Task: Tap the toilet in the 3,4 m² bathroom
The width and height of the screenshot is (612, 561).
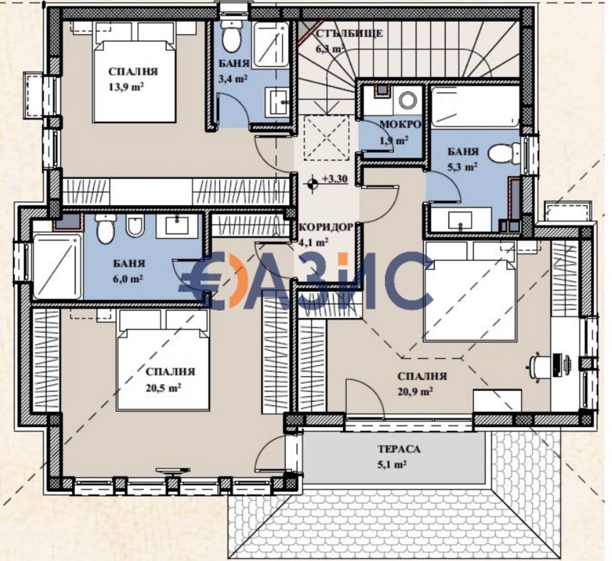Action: click(x=231, y=38)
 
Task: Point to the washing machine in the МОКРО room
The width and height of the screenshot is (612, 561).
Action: click(x=408, y=101)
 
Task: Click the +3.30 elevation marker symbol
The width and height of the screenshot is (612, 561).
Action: click(x=312, y=182)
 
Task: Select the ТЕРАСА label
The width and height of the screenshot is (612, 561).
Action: click(x=399, y=449)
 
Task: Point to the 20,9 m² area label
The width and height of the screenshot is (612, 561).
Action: click(x=415, y=392)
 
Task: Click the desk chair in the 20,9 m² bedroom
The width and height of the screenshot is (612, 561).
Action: click(x=539, y=366)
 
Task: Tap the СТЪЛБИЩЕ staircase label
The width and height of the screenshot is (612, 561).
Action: click(x=349, y=34)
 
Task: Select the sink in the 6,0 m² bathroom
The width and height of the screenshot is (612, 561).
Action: click(x=177, y=224)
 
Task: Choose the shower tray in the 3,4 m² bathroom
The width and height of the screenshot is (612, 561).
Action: click(x=271, y=45)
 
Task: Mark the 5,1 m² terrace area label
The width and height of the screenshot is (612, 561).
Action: click(x=392, y=464)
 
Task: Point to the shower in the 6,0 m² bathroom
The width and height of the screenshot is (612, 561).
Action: click(x=57, y=266)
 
